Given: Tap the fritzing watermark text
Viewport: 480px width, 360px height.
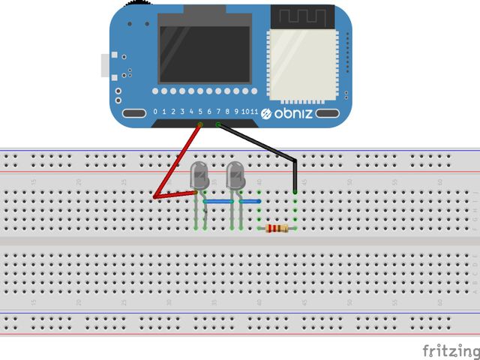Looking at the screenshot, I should coord(449,350).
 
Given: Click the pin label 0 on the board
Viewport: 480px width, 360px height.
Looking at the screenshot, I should coord(155,112).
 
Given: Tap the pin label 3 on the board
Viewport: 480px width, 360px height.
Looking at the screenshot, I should coord(182,112).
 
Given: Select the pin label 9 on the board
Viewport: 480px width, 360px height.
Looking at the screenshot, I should coord(236,112).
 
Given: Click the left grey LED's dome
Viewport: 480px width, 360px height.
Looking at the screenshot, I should coord(200,175).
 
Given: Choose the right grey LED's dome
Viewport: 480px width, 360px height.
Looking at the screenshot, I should coord(235,175).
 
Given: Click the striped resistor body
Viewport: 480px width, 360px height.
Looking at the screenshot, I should coord(278,229).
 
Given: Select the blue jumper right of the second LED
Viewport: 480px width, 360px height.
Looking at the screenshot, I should coord(249,202).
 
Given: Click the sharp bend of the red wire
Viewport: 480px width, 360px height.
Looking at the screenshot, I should coord(154,197).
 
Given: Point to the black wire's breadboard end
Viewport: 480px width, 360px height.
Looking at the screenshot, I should coord(295,192).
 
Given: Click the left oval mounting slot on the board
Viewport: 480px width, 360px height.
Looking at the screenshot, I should coord(135,113).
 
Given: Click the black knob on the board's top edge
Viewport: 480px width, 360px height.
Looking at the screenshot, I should coord(135,4).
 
